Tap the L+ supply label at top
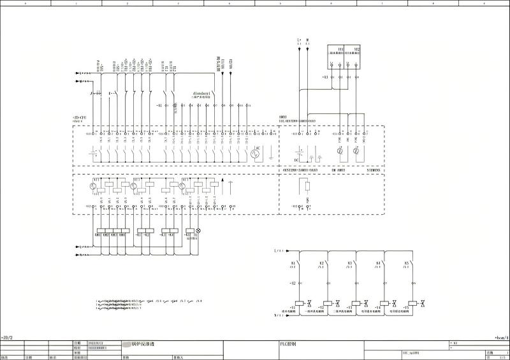(x=299, y=40)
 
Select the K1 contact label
(x=293, y=263)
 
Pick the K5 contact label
(x=406, y=263)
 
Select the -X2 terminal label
(x=292, y=282)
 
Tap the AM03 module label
(x=283, y=117)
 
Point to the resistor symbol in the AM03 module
(x=307, y=186)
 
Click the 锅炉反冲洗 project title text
(x=143, y=344)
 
